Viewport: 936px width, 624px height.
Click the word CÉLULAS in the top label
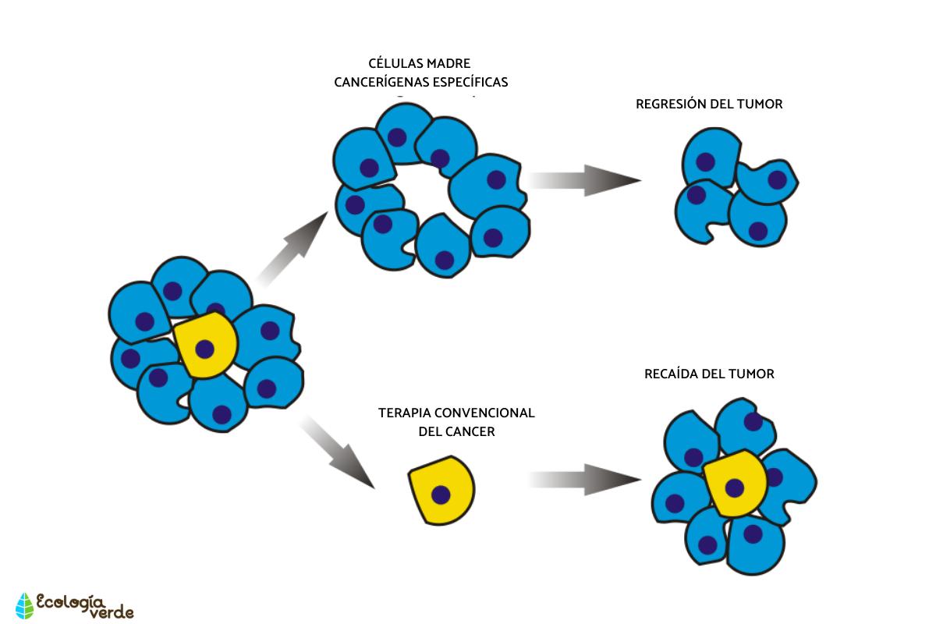pyautogui.click(x=395, y=63)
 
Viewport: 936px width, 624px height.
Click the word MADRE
pyautogui.click(x=448, y=63)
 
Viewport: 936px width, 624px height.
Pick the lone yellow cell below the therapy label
pyautogui.click(x=442, y=491)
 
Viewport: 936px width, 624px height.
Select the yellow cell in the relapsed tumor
pyautogui.click(x=736, y=484)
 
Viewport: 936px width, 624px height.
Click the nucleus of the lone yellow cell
pyautogui.click(x=441, y=495)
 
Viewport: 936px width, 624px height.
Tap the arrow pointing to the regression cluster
pyautogui.click(x=585, y=180)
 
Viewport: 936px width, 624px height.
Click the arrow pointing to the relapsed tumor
pyautogui.click(x=585, y=480)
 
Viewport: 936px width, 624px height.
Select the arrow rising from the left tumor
pyautogui.click(x=292, y=250)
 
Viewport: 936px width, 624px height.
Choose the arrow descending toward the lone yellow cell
pyautogui.click(x=338, y=452)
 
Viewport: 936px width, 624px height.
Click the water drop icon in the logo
pyautogui.click(x=25, y=605)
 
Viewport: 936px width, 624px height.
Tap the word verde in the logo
pyautogui.click(x=112, y=612)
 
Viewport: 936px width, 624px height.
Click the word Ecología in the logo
pyautogui.click(x=69, y=602)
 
